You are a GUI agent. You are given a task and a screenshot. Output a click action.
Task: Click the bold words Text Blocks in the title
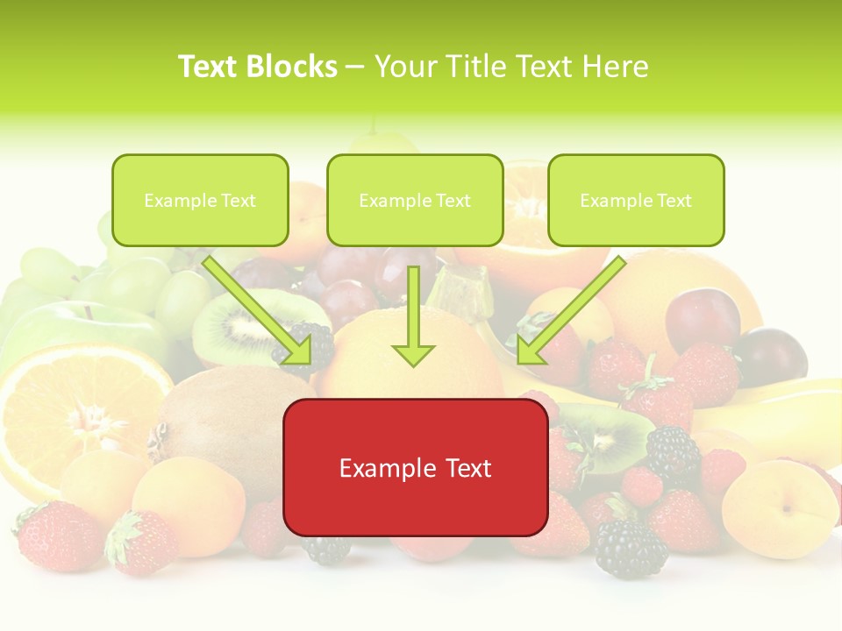click(257, 67)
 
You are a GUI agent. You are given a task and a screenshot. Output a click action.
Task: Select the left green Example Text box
click(200, 201)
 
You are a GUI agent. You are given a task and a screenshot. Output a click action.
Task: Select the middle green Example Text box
click(415, 201)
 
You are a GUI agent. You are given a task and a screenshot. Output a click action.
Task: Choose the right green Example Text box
click(636, 201)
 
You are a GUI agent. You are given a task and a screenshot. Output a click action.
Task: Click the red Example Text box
click(416, 468)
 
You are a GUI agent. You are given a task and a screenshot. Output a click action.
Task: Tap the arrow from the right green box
click(570, 311)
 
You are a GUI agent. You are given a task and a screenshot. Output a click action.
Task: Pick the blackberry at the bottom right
click(630, 549)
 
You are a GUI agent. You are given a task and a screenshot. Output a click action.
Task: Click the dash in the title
click(355, 67)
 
